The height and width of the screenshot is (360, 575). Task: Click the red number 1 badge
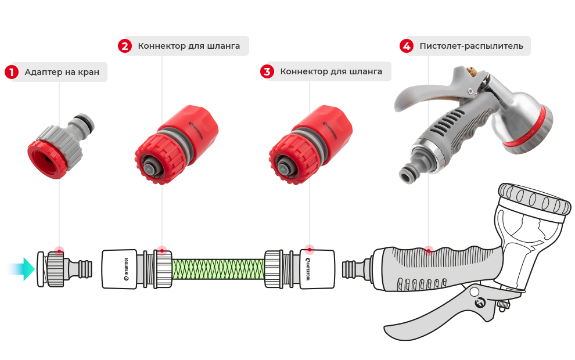[12, 72]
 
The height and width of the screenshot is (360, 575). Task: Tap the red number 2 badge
[125, 46]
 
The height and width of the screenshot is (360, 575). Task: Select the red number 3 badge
[267, 71]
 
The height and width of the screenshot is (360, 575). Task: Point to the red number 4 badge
[407, 46]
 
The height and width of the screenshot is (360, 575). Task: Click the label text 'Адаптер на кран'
[62, 72]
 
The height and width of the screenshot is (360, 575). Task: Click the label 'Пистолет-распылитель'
[471, 46]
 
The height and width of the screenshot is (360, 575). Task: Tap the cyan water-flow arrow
[21, 269]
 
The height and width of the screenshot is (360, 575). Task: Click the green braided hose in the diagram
[218, 269]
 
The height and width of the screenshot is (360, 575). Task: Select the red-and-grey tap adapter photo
[61, 146]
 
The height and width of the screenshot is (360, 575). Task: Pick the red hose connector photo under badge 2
[177, 145]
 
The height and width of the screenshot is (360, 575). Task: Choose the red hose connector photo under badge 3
[311, 145]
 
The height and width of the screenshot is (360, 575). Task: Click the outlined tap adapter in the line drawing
[64, 269]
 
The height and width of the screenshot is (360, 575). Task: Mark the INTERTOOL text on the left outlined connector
[126, 269]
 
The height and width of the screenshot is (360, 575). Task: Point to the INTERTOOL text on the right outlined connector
[308, 269]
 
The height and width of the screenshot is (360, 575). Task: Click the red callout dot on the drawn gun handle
[428, 251]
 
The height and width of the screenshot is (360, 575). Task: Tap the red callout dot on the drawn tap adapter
[59, 251]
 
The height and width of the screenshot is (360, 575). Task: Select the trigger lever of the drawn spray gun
[440, 312]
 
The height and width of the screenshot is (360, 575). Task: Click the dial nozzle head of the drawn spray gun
[535, 200]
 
